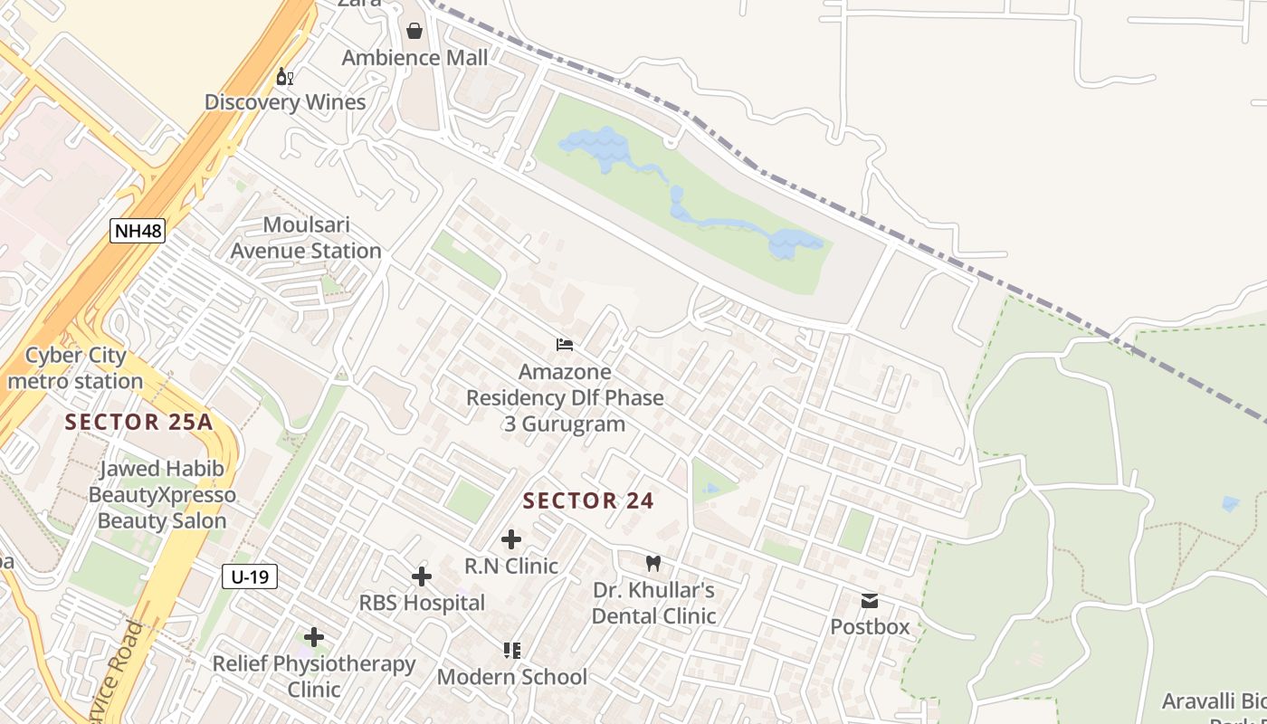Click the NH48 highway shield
point(138,231)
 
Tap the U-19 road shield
point(250,576)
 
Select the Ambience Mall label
point(414,58)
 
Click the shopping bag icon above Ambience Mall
point(414,32)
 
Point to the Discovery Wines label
point(285,102)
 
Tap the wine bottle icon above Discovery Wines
point(284,78)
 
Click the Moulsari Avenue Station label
point(306,238)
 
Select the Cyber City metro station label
point(75,368)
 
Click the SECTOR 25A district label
point(138,422)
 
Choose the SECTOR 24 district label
point(588,500)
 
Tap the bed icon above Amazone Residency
point(565,345)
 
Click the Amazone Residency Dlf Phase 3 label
point(565,398)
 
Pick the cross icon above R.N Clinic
point(511,540)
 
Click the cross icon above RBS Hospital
point(422,576)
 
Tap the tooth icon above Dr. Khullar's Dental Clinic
point(653,564)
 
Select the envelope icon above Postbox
point(870,601)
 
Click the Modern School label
point(512,677)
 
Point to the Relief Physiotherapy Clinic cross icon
point(314,637)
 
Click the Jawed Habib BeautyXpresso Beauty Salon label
point(162,495)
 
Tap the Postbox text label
point(870,626)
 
